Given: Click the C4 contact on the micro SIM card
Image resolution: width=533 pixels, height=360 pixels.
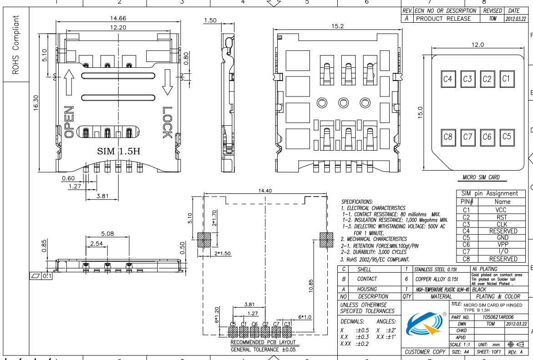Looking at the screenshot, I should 448,79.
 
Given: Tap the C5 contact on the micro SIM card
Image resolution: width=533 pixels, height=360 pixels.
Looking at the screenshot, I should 506,136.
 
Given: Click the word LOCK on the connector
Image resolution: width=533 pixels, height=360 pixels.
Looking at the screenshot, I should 167,122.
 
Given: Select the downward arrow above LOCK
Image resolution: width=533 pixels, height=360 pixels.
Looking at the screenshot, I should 168,82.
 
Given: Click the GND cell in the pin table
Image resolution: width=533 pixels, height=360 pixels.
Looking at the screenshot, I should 502,238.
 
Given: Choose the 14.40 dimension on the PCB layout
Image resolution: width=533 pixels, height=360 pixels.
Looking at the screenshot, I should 264,191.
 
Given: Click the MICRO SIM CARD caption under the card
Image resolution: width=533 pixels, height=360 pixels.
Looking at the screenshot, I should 481,177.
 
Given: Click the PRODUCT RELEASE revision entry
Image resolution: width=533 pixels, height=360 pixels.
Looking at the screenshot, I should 443,19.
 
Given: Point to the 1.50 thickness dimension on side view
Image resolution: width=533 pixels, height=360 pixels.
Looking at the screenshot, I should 210,20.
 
